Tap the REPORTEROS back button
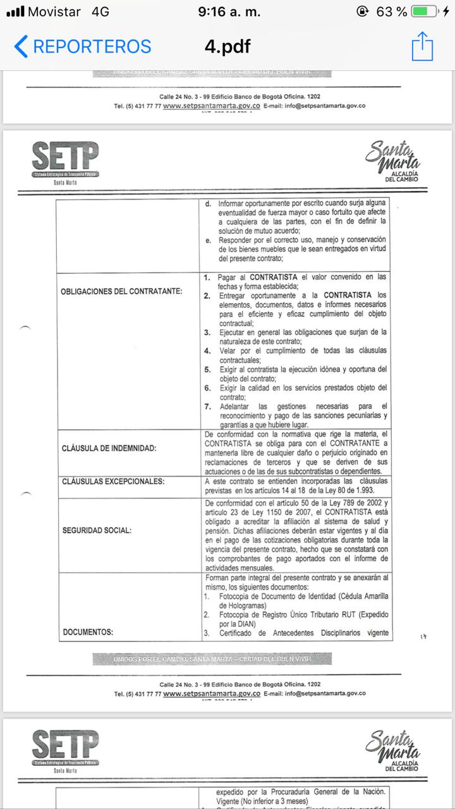pos(82,46)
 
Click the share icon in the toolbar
pos(422,46)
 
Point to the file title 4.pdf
pos(227,46)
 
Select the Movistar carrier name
pos(54,11)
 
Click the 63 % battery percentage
pos(391,11)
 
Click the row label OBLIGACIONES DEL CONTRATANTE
pos(121,291)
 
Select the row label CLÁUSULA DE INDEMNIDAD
pos(109,448)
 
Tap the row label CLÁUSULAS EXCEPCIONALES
pos(113,482)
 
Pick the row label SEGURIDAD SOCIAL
pos(97,530)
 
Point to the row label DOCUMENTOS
pos(87,631)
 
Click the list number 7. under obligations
pos(207,406)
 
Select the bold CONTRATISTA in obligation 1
pos(275,277)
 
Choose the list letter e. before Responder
pos(209,240)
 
